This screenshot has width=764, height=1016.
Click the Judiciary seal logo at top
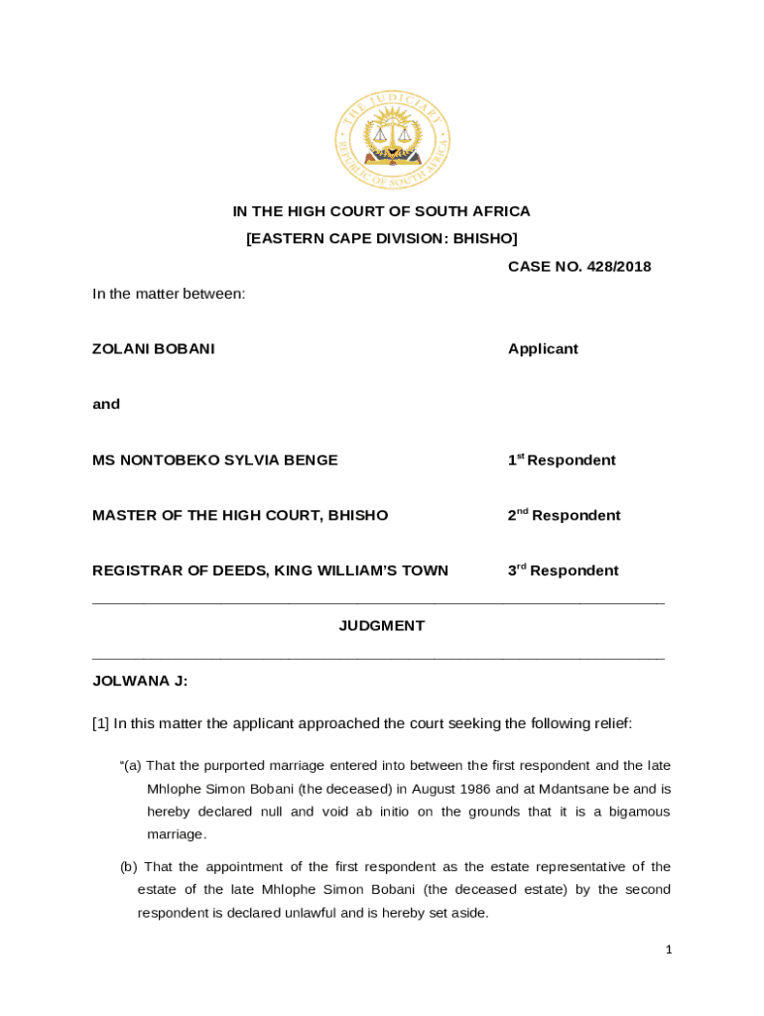tap(393, 139)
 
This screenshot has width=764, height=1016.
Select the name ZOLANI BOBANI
tap(153, 349)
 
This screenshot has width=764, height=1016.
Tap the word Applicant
tap(543, 349)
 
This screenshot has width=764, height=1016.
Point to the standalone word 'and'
tap(106, 404)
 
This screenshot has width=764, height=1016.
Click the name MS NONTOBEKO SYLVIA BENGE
tap(214, 460)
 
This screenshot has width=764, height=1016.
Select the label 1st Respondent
tap(562, 460)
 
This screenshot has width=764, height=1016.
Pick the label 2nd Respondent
tap(564, 515)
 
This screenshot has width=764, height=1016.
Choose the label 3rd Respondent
tap(563, 571)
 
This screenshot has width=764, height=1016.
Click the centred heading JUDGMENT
tap(382, 626)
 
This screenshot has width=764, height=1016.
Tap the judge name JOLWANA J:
tap(140, 681)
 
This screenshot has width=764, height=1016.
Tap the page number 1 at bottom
tap(669, 951)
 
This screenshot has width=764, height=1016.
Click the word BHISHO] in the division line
tap(485, 238)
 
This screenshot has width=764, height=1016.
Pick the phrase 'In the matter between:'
tap(169, 294)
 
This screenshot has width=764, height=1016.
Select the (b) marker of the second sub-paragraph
tap(130, 867)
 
